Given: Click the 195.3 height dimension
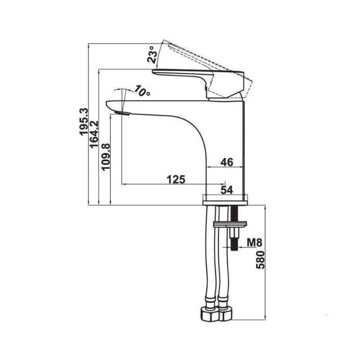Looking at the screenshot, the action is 84,121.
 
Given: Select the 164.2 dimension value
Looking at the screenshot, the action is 94,135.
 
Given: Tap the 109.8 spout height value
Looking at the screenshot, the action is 106,157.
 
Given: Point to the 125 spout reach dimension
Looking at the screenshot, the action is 176,179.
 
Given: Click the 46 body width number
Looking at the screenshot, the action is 227,162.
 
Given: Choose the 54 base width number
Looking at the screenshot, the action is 227,190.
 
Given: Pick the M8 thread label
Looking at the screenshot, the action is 254,243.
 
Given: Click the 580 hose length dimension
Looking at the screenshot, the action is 261,260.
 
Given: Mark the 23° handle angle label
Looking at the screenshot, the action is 153,54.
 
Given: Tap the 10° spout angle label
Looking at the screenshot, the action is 142,91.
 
